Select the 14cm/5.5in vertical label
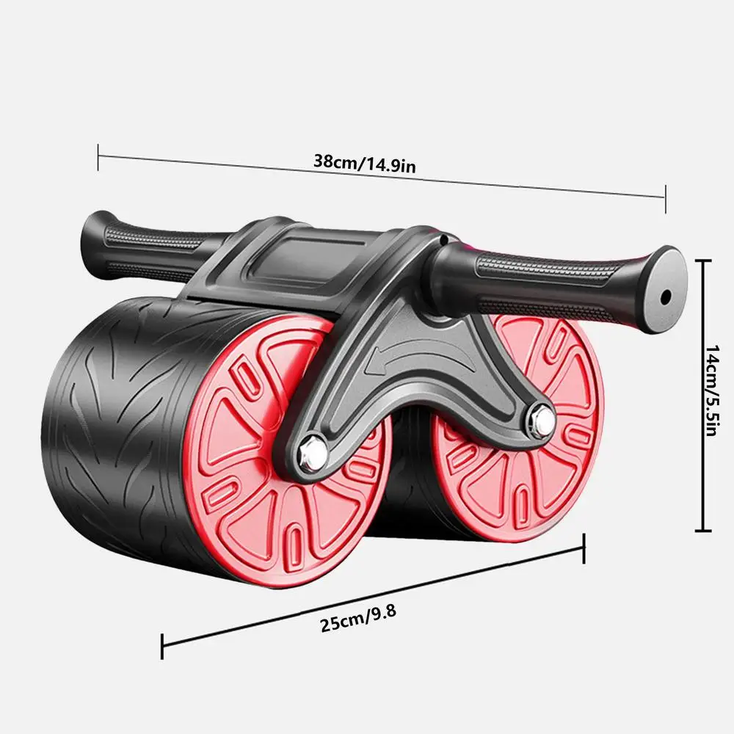pos(710,393)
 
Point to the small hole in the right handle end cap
pos(666,297)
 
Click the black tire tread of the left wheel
pos(110,411)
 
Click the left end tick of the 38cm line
pos(98,157)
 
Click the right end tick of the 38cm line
pos(665,198)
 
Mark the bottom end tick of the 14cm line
pos(705,530)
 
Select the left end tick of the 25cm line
pos(162,646)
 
